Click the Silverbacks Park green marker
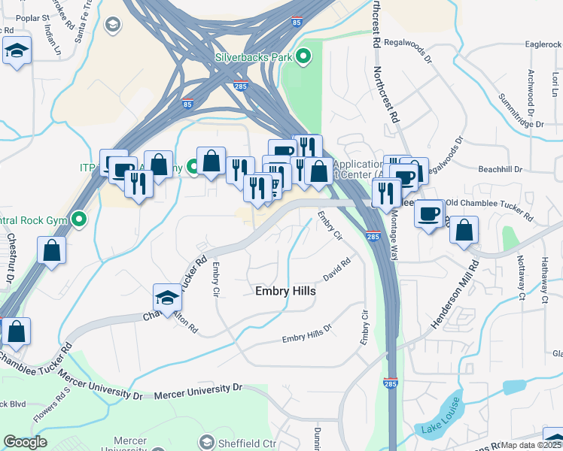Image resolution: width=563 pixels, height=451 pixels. click(304, 56)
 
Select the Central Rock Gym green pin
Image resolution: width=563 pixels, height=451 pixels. click(79, 220)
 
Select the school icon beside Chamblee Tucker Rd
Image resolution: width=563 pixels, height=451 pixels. click(167, 296)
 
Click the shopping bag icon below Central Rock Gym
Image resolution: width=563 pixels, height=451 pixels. click(51, 250)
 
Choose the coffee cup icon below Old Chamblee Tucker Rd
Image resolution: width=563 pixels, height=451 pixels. click(430, 213)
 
